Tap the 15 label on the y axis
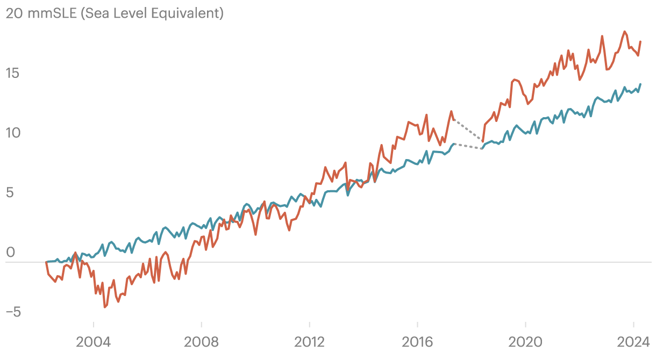12,73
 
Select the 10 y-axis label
12,133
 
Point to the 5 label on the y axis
9,192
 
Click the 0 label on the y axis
9,252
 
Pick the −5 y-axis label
12,312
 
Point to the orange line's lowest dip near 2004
105,307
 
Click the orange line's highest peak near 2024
624,31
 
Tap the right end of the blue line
640,84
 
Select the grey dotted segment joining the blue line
468,146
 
